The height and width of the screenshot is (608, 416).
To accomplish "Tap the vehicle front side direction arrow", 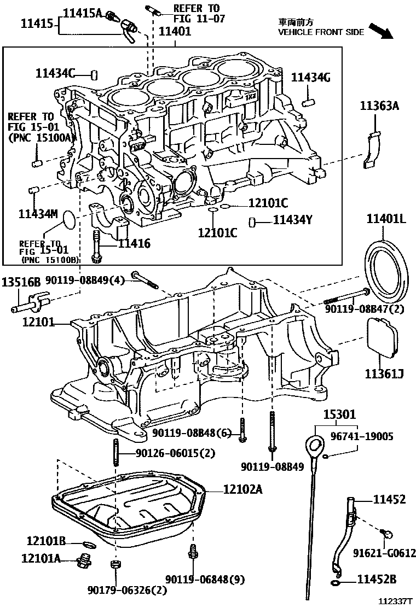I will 381,32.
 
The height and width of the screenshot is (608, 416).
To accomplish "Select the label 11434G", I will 310,78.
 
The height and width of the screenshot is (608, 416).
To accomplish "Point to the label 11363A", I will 379,106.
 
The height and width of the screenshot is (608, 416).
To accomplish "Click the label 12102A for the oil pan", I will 242,490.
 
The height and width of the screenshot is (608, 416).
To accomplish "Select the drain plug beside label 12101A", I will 84,560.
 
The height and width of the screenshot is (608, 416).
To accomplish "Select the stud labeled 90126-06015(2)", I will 116,453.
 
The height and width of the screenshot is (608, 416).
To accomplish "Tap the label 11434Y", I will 293,220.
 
